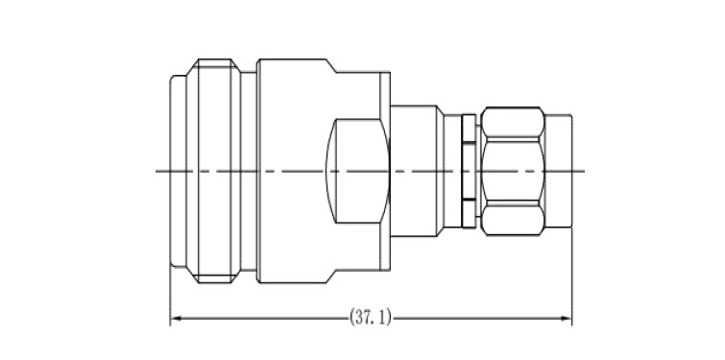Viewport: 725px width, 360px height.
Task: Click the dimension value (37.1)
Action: [x=371, y=318]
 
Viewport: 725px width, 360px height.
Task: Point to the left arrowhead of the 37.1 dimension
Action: [x=176, y=318]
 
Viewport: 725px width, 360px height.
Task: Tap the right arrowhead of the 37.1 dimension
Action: [x=567, y=318]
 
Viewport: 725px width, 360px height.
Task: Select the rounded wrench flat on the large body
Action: [x=358, y=171]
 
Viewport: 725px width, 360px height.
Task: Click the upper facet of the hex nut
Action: [x=513, y=124]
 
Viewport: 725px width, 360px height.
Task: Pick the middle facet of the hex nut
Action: [x=513, y=171]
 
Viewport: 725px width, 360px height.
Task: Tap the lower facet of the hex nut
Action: [x=513, y=219]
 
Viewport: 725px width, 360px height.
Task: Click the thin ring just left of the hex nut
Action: [x=469, y=171]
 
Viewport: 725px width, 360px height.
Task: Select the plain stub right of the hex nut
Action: [x=558, y=171]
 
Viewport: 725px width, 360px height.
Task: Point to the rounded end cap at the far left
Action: [x=178, y=171]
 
